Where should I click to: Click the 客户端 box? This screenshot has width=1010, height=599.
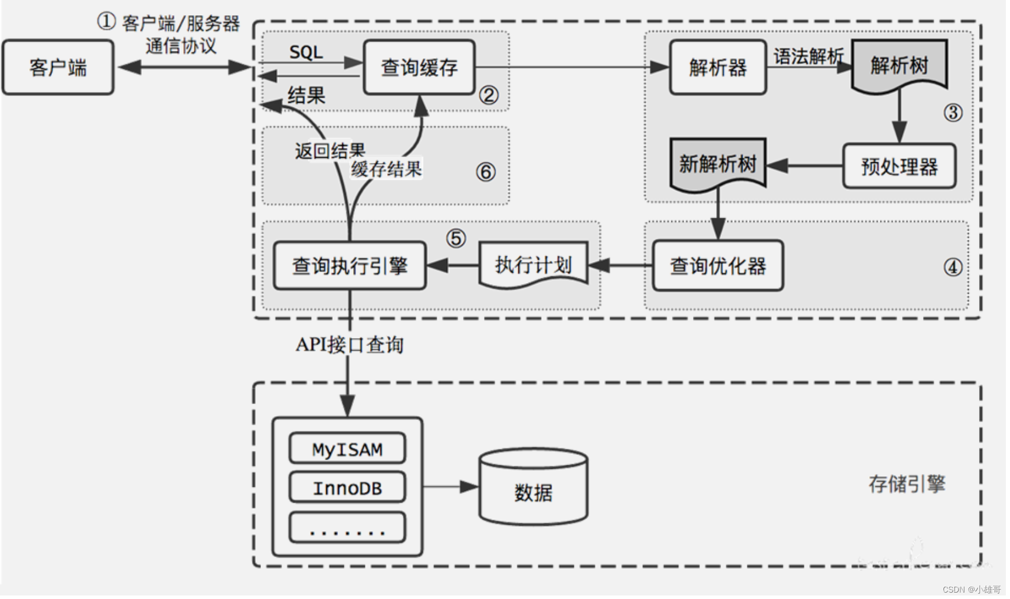[58, 68]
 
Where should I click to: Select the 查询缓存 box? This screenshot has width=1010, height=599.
[419, 68]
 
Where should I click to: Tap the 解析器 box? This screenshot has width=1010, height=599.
[718, 68]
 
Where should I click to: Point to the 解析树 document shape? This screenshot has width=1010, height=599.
[899, 65]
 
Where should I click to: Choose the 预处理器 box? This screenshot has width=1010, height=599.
[899, 167]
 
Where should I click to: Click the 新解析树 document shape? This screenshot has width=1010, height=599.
[718, 164]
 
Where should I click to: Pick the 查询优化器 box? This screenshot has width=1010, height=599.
[718, 266]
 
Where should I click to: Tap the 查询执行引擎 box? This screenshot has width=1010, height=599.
[350, 266]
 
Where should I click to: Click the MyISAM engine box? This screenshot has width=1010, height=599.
[347, 450]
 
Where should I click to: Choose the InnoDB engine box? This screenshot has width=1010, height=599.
[347, 488]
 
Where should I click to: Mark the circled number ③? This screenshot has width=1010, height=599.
[953, 112]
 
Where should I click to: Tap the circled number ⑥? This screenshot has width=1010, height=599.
[486, 172]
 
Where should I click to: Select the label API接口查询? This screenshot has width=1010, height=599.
[350, 345]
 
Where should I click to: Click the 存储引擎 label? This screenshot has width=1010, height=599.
[907, 484]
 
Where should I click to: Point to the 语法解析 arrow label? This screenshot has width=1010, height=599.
[809, 56]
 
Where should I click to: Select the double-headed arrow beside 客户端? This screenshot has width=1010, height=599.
[184, 68]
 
